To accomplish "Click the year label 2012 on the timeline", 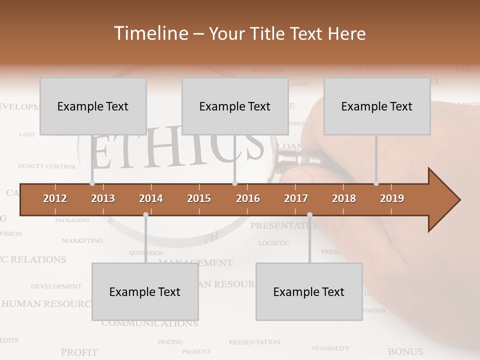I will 55,198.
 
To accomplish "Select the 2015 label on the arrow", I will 199,198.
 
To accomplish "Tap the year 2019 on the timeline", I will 392,198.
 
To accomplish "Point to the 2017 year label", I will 296,198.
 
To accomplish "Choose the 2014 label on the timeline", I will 151,198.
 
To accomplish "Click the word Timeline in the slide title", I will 150,33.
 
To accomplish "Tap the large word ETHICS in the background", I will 177,148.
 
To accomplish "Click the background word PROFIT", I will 79,352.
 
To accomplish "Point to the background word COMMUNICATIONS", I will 150,323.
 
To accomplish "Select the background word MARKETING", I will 82,240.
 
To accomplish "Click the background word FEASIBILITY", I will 330,348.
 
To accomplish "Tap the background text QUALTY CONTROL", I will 47,166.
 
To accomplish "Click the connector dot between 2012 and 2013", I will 92,183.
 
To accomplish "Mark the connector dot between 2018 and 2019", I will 376,183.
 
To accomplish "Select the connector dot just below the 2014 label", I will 145,214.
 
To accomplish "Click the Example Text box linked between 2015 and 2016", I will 235,106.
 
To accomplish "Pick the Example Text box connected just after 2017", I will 309,291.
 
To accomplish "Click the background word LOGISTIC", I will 273,243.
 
